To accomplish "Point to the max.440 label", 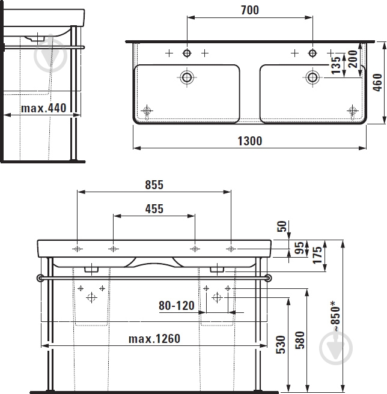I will click(43, 109).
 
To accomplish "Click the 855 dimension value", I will click(153, 184).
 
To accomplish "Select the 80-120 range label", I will click(177, 306).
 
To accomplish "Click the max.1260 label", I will click(154, 339).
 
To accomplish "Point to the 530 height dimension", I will click(279, 347).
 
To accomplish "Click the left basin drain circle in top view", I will click(187, 77).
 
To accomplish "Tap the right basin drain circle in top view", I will click(312, 77).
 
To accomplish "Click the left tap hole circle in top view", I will click(187, 53).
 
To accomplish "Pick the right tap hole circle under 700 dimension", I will click(312, 53).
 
